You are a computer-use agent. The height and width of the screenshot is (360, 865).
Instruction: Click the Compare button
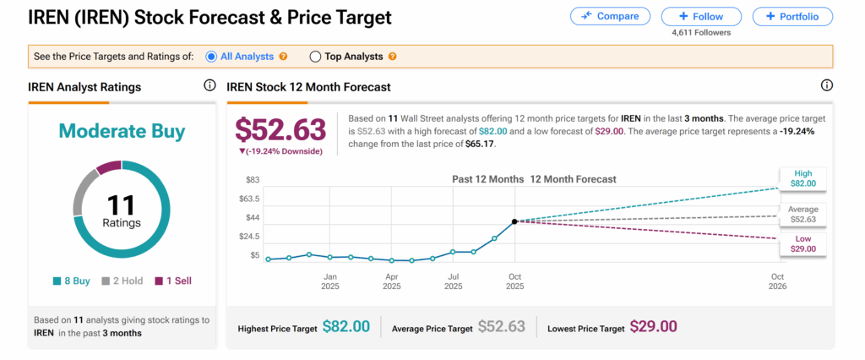[610, 16]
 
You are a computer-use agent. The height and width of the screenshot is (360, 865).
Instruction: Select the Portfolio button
[792, 16]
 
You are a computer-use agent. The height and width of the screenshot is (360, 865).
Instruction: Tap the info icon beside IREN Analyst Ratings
[209, 85]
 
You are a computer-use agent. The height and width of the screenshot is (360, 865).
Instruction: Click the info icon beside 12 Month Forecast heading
[827, 85]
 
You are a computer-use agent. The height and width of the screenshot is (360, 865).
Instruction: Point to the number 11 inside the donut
[122, 204]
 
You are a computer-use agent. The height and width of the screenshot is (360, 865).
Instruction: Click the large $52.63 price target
[280, 129]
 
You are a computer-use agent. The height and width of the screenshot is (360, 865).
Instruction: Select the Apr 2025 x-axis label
[392, 281]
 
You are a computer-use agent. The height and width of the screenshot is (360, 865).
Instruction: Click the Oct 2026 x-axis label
[778, 281]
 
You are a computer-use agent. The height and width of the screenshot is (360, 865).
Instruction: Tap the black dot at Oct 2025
[515, 221]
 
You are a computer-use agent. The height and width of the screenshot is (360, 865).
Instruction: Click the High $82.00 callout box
[803, 178]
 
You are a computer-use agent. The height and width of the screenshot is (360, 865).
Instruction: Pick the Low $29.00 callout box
[803, 244]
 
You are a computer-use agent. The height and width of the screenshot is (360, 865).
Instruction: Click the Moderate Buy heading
[122, 132]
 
